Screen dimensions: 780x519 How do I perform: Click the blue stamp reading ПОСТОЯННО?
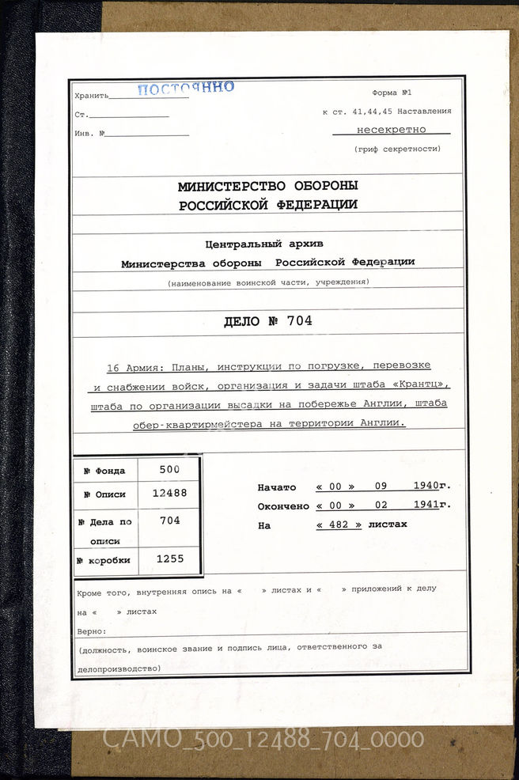[x=185, y=88]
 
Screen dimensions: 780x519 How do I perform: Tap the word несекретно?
[x=391, y=129]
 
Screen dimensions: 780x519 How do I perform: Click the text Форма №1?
[x=396, y=93]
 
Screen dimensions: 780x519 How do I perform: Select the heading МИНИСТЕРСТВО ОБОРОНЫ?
[x=267, y=186]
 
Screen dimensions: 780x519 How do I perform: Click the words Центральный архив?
[x=263, y=244]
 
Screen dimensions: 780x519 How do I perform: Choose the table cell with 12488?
[x=169, y=492]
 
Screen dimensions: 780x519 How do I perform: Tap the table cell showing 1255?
[x=169, y=559]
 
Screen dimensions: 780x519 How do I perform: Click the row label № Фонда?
[x=104, y=471]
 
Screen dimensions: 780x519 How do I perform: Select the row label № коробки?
[x=104, y=561]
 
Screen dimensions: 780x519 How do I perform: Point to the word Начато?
[x=277, y=487]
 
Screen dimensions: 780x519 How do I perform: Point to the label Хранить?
[x=90, y=96]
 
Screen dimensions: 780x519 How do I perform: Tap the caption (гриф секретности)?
[x=391, y=149]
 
